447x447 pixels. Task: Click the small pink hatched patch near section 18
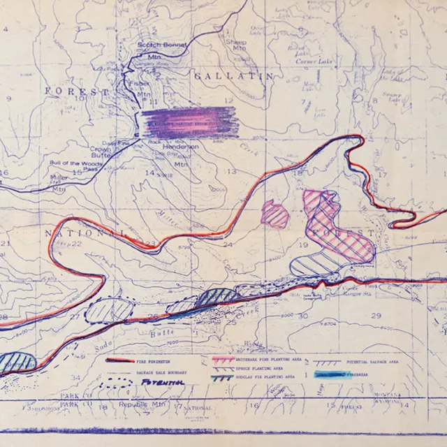tap(274, 213)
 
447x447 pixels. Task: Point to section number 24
tap(227, 245)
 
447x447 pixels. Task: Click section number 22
tap(76, 244)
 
